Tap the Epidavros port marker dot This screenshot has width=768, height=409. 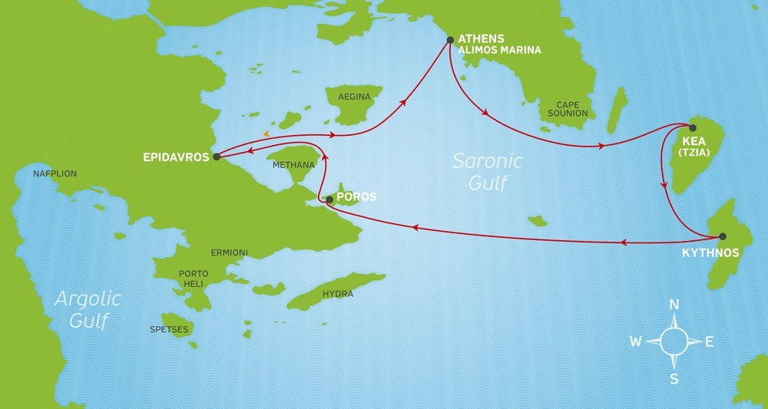tap(217, 157)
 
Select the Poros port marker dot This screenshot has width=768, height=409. tap(329, 200)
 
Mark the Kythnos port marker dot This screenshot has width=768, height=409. tap(722, 236)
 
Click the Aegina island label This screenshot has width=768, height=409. tap(353, 97)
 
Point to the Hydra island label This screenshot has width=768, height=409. tap(337, 293)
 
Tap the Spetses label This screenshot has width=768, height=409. tap(169, 329)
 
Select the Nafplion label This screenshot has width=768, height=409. tap(55, 174)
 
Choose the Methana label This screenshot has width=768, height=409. tap(294, 165)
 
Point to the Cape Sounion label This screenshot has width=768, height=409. tap(568, 109)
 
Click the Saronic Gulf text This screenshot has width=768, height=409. tap(487, 170)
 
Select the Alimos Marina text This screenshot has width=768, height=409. tap(499, 50)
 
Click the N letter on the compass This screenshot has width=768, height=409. tap(674, 305)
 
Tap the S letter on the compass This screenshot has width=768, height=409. tap(674, 378)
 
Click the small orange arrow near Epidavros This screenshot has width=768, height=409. tap(266, 135)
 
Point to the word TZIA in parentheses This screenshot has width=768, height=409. tap(695, 153)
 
